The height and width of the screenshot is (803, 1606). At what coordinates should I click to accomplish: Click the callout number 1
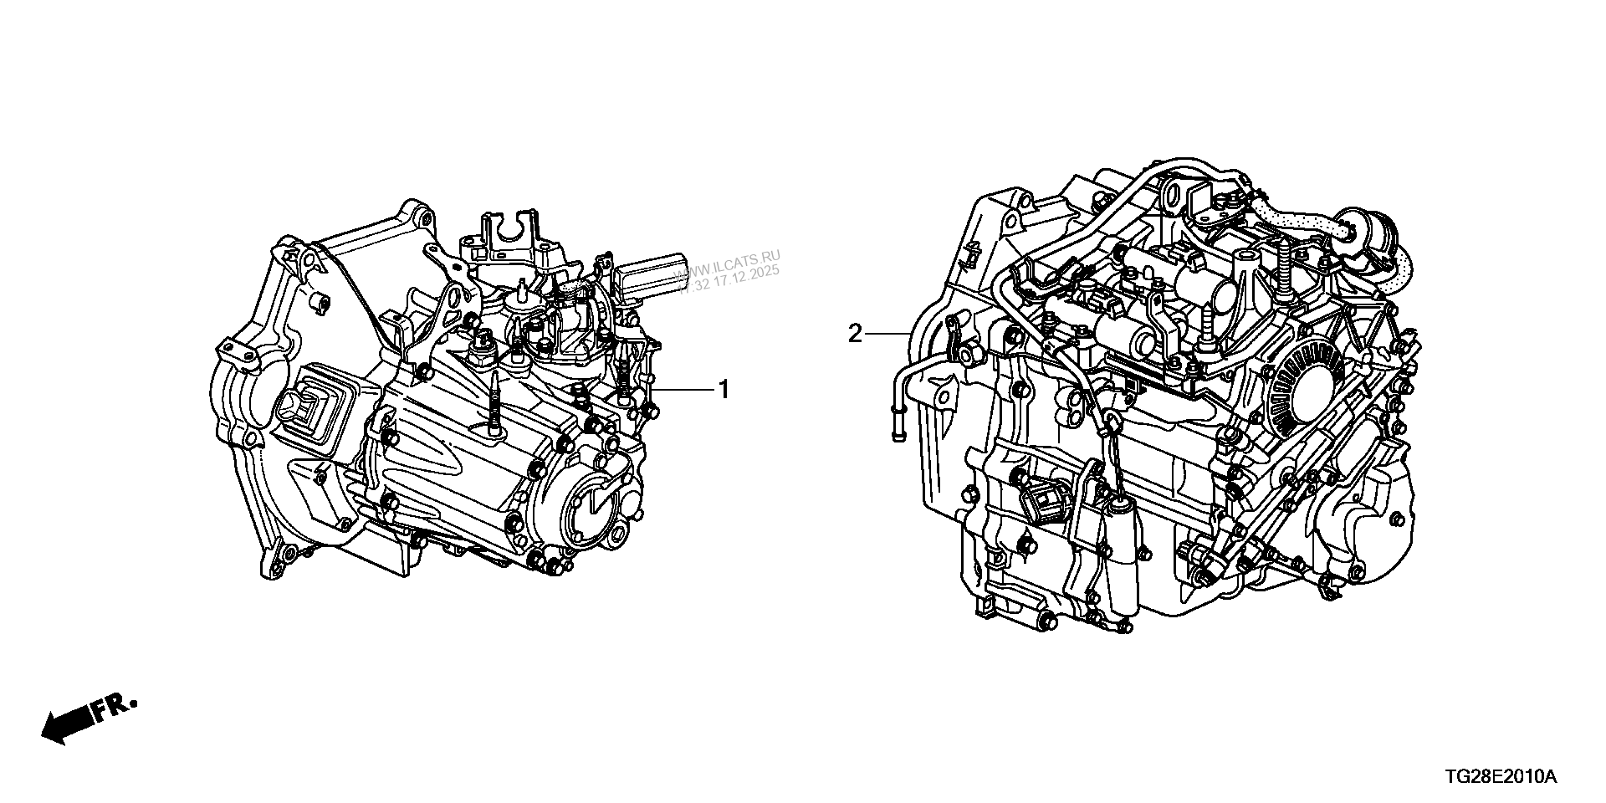coord(724,390)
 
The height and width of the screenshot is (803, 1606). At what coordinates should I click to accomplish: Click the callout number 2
coord(855,335)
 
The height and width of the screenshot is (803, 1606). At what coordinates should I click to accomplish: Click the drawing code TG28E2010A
coord(1488,778)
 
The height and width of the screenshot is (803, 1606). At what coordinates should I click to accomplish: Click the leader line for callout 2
coord(887,335)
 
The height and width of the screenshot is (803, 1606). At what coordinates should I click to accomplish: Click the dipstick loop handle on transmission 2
coord(1112,422)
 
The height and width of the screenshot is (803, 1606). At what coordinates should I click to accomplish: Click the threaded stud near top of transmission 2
coord(1281,269)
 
